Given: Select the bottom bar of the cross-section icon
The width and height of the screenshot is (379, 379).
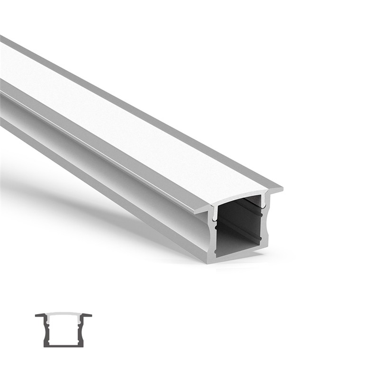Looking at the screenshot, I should click(x=63, y=345).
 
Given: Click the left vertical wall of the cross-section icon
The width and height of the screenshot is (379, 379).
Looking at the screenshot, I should click(x=46, y=331).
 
